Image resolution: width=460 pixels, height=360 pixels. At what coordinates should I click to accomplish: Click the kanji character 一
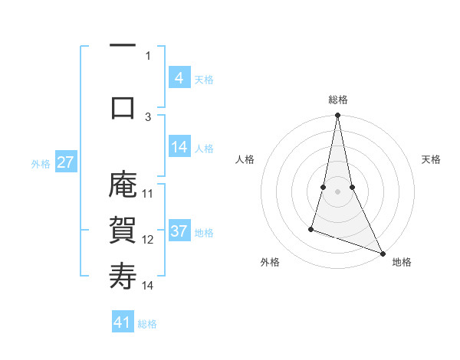123,49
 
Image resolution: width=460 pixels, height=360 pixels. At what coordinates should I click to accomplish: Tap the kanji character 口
123,107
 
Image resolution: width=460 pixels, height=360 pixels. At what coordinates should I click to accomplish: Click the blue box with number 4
179,78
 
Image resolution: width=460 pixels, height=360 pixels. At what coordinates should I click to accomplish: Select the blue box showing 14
179,148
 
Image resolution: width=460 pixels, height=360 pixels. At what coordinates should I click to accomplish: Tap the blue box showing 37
179,232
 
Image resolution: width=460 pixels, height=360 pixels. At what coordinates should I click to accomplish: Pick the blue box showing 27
65,162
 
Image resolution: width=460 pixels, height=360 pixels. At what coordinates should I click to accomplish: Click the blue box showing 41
123,322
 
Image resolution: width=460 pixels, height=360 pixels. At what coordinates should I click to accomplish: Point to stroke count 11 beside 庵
148,193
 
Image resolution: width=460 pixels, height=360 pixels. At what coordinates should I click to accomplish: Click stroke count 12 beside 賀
148,239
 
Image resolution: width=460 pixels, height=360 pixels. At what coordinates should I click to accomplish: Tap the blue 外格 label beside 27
41,163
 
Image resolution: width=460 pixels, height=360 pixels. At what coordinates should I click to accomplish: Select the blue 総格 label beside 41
147,323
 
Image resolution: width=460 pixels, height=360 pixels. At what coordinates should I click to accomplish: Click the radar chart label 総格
337,100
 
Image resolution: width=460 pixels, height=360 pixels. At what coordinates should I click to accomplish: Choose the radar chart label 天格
431,159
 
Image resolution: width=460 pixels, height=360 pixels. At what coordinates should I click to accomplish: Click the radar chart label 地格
402,262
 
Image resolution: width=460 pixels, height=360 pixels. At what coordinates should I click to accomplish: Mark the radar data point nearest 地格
382,252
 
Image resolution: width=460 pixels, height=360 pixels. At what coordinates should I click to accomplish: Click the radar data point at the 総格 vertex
337,116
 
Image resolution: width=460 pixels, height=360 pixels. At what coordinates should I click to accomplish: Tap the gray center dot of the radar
337,191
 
